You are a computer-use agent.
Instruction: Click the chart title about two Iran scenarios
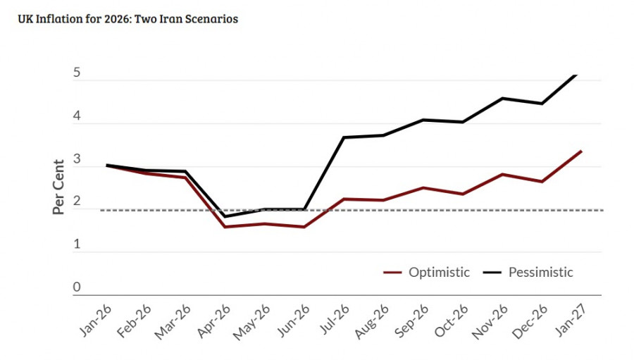point(129,19)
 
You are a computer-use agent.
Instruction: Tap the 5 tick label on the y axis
point(76,73)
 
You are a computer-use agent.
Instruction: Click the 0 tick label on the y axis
point(76,287)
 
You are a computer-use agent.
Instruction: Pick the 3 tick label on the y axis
point(76,159)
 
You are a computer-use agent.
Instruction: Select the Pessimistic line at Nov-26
point(502,99)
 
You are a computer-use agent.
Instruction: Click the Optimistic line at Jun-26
point(304,227)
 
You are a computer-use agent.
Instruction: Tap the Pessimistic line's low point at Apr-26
point(225,216)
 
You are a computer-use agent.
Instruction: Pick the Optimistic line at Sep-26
point(423,187)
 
